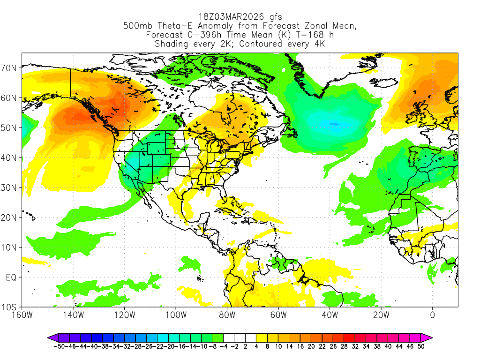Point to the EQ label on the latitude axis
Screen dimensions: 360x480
[x=11, y=277]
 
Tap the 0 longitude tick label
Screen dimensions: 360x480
[x=432, y=315]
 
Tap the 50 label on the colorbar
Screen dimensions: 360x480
[x=421, y=346]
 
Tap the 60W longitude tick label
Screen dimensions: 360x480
[x=278, y=315]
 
